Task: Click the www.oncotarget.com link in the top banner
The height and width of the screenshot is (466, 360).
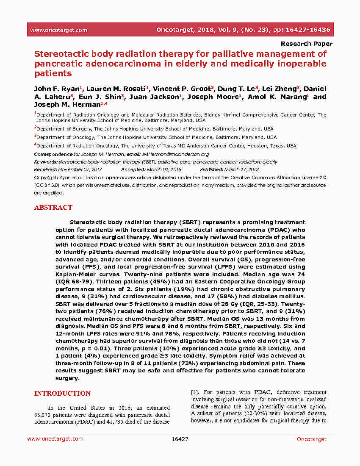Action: (58, 30)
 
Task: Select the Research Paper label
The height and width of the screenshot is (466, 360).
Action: (306, 44)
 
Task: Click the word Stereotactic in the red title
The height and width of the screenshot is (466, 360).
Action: (60, 54)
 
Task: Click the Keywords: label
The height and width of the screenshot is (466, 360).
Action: (46, 162)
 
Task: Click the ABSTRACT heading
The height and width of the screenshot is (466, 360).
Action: (53, 208)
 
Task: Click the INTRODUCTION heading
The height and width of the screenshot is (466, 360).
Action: (62, 394)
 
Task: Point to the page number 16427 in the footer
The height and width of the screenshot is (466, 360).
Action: (180, 439)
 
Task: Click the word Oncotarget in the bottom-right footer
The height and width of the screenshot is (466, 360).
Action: (311, 439)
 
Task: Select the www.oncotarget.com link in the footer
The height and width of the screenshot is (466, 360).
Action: (55, 439)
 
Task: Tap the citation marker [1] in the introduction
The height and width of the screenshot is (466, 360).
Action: (195, 392)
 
